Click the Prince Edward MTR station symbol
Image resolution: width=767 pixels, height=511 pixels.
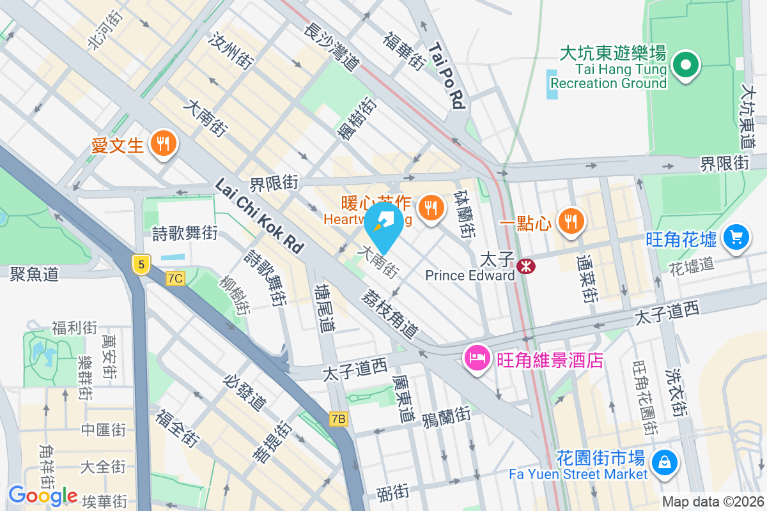525,266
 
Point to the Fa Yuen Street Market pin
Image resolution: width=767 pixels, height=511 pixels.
664,460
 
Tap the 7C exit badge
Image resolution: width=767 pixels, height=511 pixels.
174,278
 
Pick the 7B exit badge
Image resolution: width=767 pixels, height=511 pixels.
339,419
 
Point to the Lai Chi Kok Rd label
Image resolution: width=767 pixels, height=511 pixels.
258,215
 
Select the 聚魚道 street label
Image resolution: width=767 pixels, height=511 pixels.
35,274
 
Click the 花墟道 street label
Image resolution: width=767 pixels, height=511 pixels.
692,266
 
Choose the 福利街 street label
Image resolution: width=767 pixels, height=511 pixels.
74,328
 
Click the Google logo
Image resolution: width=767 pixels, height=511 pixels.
43,496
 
